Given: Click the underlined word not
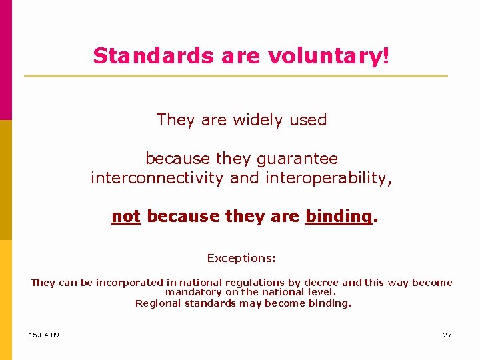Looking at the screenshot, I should (x=126, y=217).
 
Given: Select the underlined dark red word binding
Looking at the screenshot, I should (x=338, y=217).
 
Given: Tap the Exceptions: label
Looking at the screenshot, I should (x=241, y=258).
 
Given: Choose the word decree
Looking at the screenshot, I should (x=321, y=283).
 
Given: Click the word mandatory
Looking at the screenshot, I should (x=194, y=292).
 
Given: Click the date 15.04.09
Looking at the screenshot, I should (x=44, y=335).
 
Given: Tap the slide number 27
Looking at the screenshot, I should (x=447, y=335).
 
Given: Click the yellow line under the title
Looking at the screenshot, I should (x=236, y=76).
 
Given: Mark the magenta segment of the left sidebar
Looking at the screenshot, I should (x=6, y=60).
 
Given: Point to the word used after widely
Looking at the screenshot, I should (x=308, y=120).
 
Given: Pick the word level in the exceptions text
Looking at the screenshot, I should (x=320, y=292).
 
